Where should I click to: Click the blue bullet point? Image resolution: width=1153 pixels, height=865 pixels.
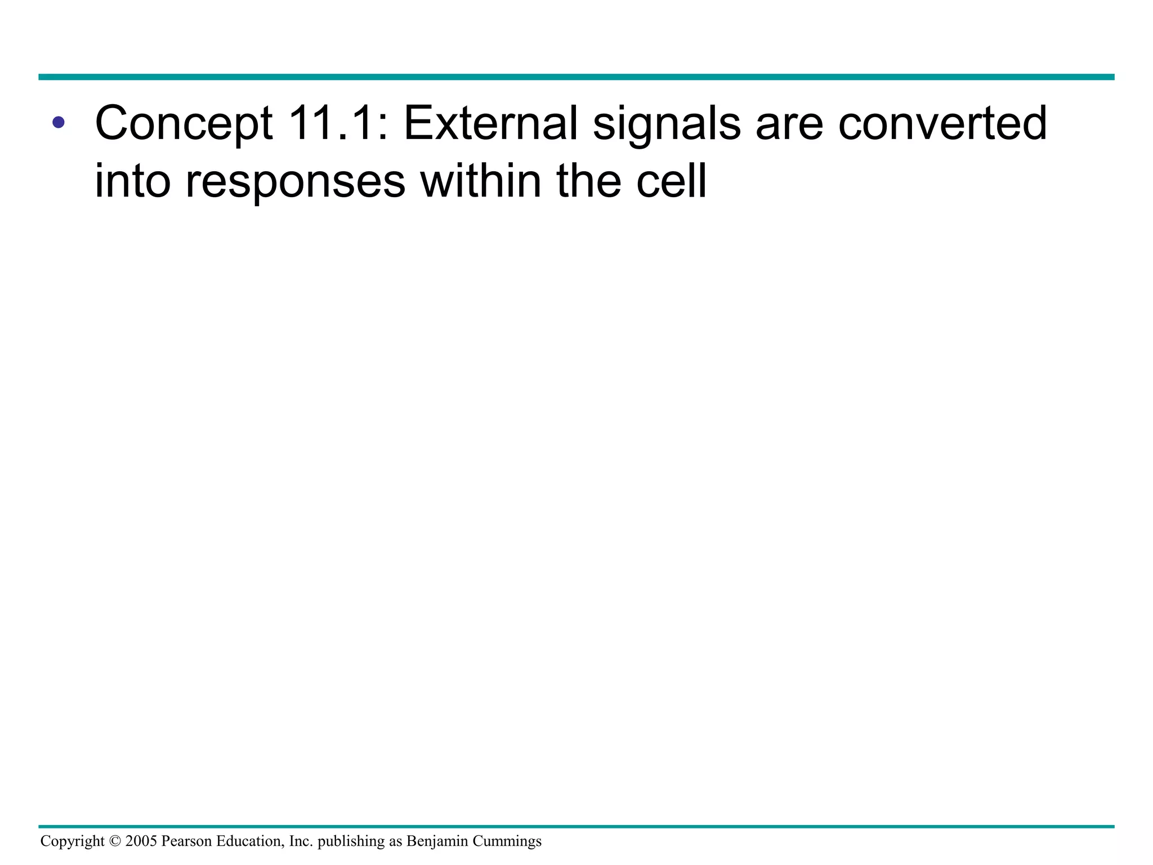[x=58, y=122]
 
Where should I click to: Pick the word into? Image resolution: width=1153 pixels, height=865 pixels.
[x=132, y=181]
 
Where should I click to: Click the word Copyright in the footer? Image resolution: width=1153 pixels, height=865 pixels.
[x=72, y=841]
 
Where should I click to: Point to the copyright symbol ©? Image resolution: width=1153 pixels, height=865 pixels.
[x=115, y=841]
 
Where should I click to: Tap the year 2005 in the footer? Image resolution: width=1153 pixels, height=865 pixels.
[x=141, y=841]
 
